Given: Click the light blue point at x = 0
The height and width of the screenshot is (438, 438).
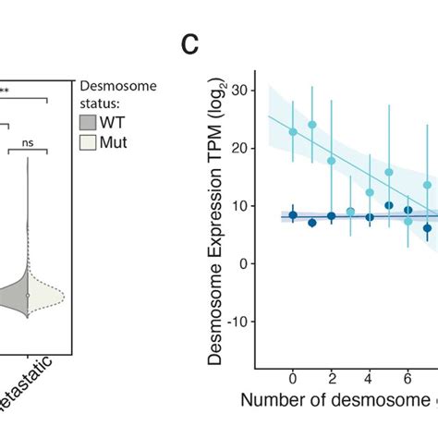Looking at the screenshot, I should pos(293,132).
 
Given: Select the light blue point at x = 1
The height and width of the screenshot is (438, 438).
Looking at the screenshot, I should pos(312,125).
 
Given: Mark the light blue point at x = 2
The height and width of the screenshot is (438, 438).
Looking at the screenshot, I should pos(332,161).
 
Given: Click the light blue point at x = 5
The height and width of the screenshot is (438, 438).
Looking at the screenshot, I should pos(389,173).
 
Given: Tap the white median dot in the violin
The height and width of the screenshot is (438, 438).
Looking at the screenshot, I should pos(27,296).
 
